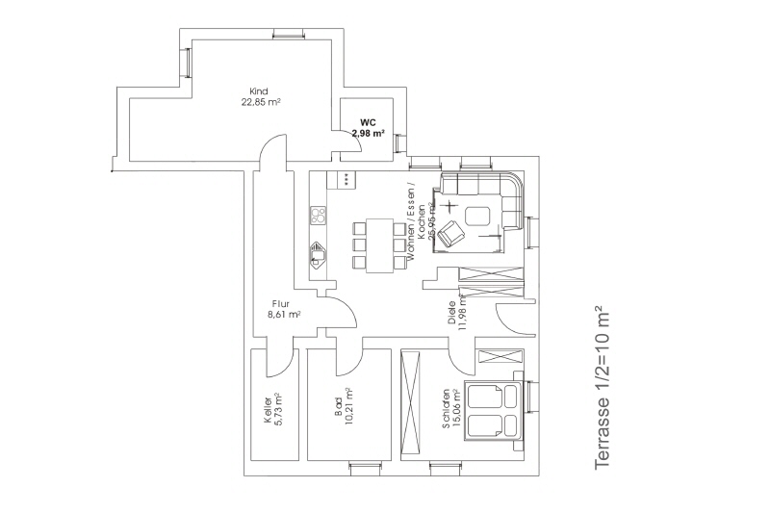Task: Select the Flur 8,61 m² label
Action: pyautogui.click(x=284, y=308)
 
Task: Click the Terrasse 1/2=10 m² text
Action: pyautogui.click(x=602, y=388)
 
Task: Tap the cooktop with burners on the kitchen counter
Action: pyautogui.click(x=318, y=215)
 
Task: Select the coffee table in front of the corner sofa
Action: pyautogui.click(x=479, y=216)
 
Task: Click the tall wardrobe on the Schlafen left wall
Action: pyautogui.click(x=411, y=403)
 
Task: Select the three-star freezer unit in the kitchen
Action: pyautogui.click(x=344, y=180)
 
